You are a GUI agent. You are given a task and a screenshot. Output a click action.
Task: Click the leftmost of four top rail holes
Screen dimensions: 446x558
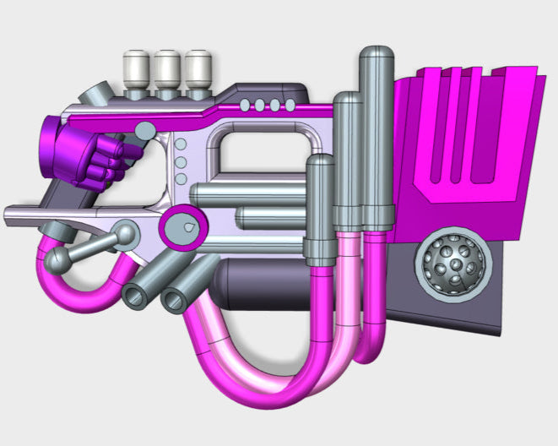(x=246, y=106)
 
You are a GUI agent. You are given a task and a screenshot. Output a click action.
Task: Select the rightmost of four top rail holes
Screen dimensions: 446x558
(x=289, y=106)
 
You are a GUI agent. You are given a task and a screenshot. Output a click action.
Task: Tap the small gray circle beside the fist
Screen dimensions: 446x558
(x=145, y=130)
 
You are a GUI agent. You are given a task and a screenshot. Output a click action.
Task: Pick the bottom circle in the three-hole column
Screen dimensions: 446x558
(x=180, y=179)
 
